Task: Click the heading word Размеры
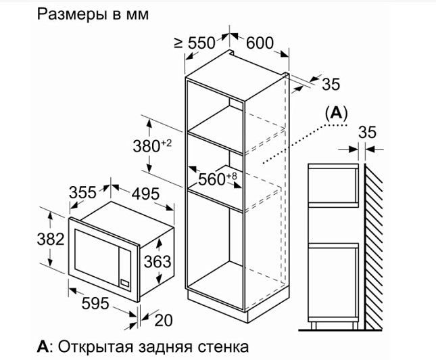(x=72, y=14)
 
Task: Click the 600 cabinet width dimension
(x=260, y=43)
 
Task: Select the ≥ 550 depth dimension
(x=195, y=43)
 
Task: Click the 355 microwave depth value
(x=82, y=192)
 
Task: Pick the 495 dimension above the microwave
(x=145, y=194)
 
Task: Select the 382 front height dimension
(x=51, y=239)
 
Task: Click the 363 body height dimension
(x=158, y=262)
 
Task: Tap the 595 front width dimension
(x=95, y=303)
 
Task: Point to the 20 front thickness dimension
(x=164, y=320)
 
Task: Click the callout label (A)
(x=337, y=113)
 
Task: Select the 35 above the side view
(x=367, y=132)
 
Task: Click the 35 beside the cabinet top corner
(x=331, y=84)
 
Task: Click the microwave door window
(x=97, y=256)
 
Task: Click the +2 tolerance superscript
(x=167, y=143)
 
